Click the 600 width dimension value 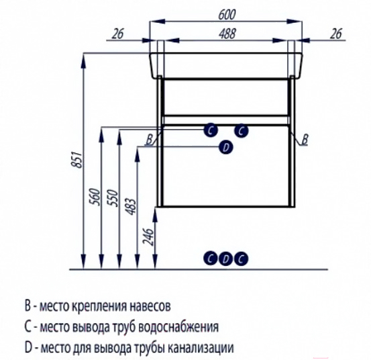click(x=227, y=15)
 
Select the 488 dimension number click(x=227, y=34)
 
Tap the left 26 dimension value click(x=117, y=34)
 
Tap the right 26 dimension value click(x=336, y=34)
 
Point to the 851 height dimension click(x=78, y=159)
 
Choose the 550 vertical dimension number click(x=113, y=198)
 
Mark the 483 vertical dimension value click(x=131, y=206)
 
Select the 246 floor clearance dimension click(x=149, y=237)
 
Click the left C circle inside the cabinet click(x=211, y=130)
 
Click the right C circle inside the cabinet click(x=242, y=131)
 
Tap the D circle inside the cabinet click(x=226, y=148)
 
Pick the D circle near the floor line click(x=226, y=259)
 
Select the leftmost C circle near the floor click(x=211, y=259)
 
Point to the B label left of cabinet click(x=150, y=140)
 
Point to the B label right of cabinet click(x=305, y=140)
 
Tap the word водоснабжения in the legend click(x=178, y=327)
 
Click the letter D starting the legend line click(x=28, y=348)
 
